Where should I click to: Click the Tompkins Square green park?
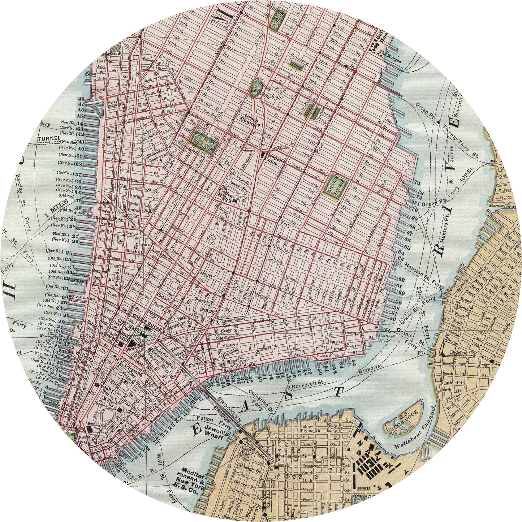(335, 186)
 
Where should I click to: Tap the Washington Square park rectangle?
(204, 141)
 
